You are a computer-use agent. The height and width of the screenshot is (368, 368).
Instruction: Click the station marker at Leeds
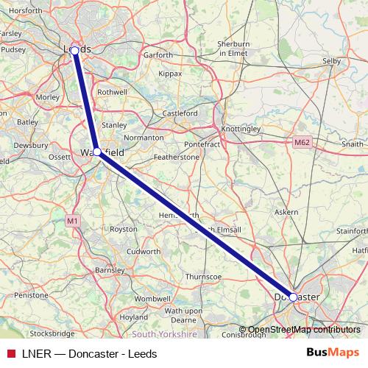pyautogui.click(x=74, y=50)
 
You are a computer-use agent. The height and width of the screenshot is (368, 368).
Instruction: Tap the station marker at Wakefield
pyautogui.click(x=97, y=152)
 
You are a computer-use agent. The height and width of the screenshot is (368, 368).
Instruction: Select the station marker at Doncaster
pyautogui.click(x=293, y=297)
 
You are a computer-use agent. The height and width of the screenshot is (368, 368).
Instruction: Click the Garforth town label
pyautogui.click(x=158, y=55)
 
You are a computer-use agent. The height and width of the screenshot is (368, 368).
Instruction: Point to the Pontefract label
pyautogui.click(x=204, y=145)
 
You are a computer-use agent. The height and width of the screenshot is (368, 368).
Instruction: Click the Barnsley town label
pyautogui.click(x=110, y=270)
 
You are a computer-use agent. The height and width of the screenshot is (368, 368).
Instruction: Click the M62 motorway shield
pyautogui.click(x=300, y=142)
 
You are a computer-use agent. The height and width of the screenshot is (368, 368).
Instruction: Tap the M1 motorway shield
pyautogui.click(x=71, y=220)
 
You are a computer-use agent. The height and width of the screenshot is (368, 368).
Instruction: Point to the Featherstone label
pyautogui.click(x=176, y=158)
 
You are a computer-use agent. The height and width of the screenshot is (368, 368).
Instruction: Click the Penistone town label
pyautogui.click(x=31, y=294)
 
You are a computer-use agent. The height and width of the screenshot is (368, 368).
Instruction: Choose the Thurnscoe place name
pyautogui.click(x=203, y=276)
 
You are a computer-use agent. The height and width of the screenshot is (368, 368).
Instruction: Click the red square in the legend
pyautogui.click(x=10, y=353)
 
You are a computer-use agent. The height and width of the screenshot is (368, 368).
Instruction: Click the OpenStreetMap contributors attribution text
pyautogui.click(x=304, y=330)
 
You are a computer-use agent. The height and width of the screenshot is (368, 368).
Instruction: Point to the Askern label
pyautogui.click(x=286, y=212)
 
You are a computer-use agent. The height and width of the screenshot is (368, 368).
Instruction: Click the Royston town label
pyautogui.click(x=123, y=229)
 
